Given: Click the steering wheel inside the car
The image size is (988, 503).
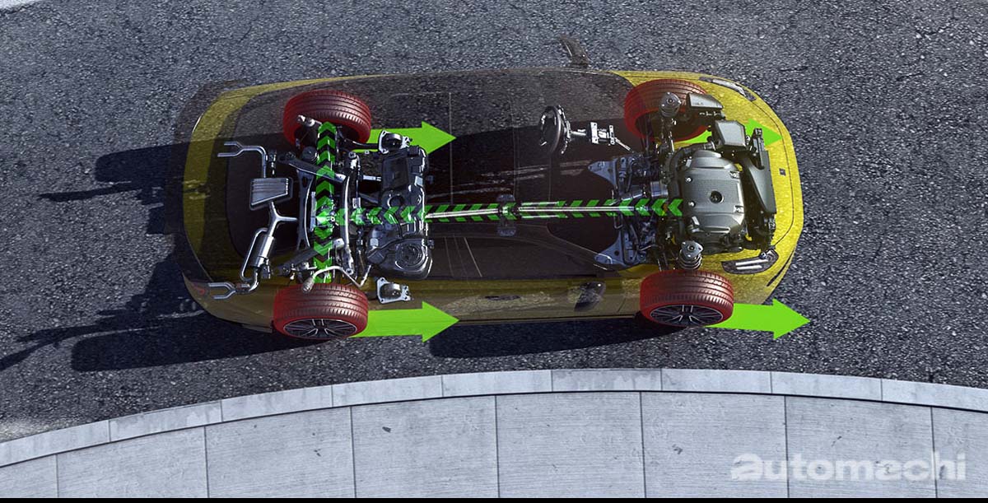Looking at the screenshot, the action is tap(552, 129).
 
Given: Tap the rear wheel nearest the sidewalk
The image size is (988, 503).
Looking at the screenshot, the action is tap(320, 311).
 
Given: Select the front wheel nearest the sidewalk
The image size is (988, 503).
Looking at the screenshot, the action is tap(687, 299).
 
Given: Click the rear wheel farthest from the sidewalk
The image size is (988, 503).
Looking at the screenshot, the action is tap(328, 115).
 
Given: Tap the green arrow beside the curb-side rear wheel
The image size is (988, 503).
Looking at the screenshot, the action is tap(408, 321).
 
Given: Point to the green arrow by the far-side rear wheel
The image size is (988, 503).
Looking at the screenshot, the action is tap(412, 137).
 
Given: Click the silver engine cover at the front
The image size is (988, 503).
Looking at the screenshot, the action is tap(710, 194).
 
